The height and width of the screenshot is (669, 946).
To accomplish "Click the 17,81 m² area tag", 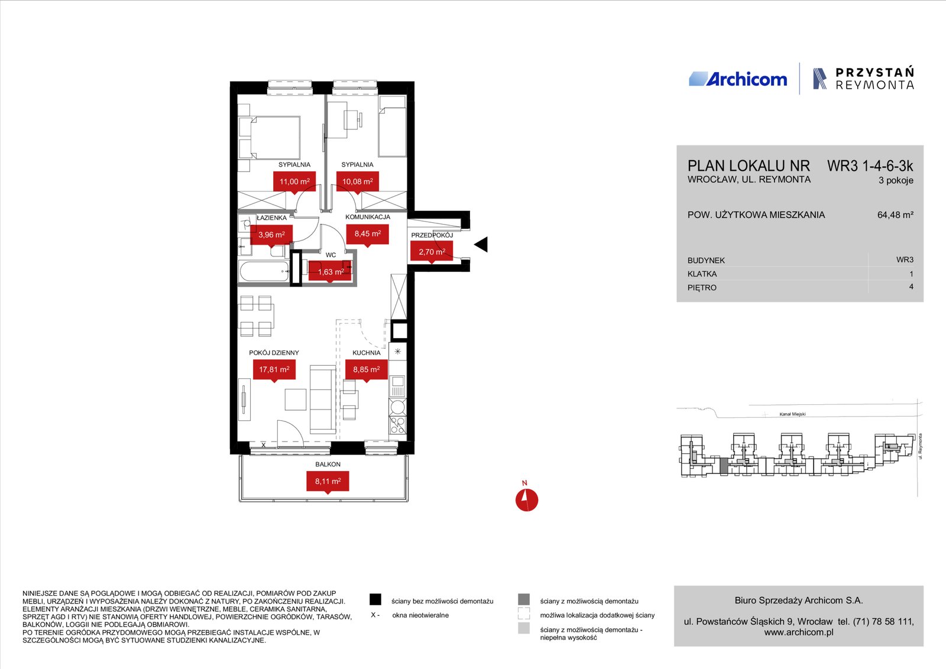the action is click(274, 370).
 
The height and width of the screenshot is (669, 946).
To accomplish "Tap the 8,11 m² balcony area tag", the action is click(328, 482).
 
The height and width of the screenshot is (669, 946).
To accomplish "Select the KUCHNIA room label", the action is click(366, 352).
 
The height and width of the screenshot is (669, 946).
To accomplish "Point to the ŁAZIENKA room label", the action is click(271, 218).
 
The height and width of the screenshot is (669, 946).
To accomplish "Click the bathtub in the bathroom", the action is click(264, 271).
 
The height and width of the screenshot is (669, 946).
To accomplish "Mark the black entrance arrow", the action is click(481, 245).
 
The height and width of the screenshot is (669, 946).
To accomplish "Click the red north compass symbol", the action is click(527, 500).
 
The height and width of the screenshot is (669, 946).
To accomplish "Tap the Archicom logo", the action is click(738, 79).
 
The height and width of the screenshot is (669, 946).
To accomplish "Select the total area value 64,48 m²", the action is click(895, 215).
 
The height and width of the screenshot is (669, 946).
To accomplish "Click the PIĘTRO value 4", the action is click(911, 287).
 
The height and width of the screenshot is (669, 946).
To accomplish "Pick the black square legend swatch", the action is click(375, 599).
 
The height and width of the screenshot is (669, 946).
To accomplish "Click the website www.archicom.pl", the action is click(799, 632).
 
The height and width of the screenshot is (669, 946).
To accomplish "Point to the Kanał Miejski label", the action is click(792, 414).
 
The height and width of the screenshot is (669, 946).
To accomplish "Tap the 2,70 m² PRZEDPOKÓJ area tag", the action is click(432, 252).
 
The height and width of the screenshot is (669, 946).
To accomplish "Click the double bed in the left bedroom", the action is click(270, 138).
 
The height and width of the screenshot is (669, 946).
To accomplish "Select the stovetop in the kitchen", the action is click(397, 425).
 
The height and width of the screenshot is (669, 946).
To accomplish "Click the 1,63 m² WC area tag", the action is click(331, 272).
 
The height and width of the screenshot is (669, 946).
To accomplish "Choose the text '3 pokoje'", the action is click(896, 180).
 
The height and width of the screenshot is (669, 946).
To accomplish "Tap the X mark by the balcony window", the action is click(264, 445).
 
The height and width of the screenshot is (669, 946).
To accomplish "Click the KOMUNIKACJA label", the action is click(367, 217).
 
